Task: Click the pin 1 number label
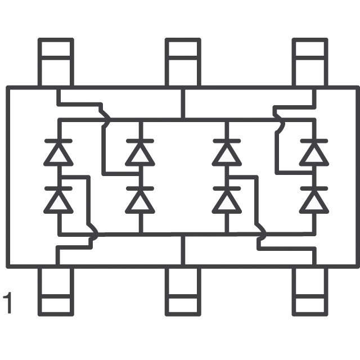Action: tap(7, 303)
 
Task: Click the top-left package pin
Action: tap(56, 61)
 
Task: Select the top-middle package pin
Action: tap(183, 61)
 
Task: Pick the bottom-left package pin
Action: tap(56, 291)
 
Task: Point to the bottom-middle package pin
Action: tap(183, 291)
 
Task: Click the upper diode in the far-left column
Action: tap(58, 152)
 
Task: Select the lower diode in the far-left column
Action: tap(58, 200)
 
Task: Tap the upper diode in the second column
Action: tap(139, 152)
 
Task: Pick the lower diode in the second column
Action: tap(139, 200)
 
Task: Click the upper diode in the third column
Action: tap(227, 152)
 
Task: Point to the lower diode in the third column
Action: tap(227, 200)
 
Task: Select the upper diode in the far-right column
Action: tap(313, 152)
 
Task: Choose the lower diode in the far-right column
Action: tap(313, 200)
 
